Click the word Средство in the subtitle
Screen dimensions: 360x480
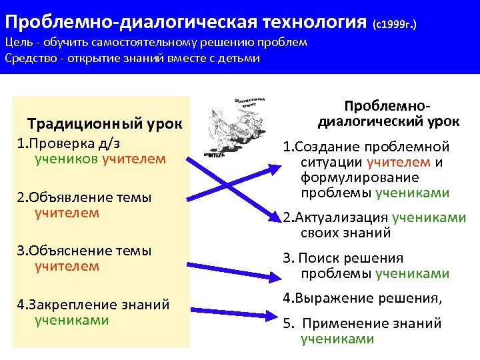(x=28, y=58)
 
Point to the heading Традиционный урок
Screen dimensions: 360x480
(x=109, y=123)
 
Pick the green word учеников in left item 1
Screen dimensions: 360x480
(x=66, y=159)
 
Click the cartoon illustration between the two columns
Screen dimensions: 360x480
(x=233, y=127)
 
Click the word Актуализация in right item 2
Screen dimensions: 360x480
(x=339, y=217)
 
